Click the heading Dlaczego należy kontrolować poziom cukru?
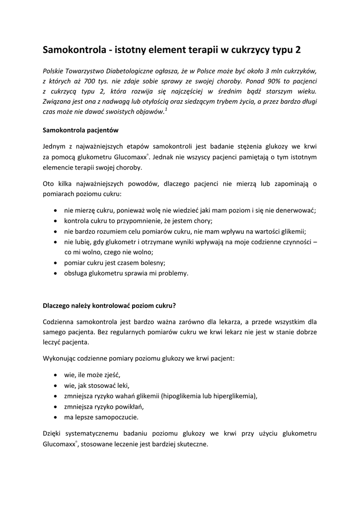109,306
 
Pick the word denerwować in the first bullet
293,210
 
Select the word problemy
172,273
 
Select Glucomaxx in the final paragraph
60,445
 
